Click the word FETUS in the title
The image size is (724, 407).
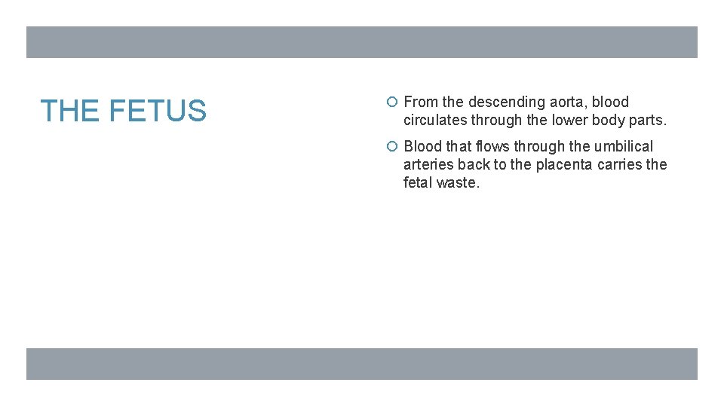point(158,112)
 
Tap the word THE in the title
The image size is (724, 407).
point(72,112)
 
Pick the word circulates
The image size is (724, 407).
point(434,120)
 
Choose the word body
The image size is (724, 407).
point(615,120)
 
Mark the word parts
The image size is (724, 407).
point(651,120)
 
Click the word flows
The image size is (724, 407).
point(493,146)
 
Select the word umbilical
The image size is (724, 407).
point(622,146)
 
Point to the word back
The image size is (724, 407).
point(474,164)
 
